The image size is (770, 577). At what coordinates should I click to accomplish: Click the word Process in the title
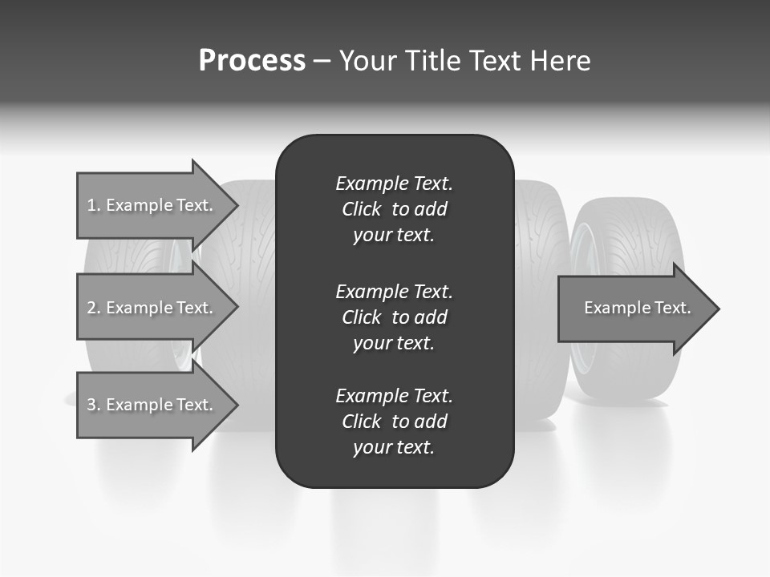(252, 61)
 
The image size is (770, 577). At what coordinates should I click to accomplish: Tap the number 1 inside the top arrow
(91, 205)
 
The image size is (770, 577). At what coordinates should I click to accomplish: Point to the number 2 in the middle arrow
(91, 308)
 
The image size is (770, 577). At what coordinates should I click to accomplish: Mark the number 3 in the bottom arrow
(91, 405)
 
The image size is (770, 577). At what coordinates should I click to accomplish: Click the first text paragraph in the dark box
(394, 209)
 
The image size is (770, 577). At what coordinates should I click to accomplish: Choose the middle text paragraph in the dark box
(394, 317)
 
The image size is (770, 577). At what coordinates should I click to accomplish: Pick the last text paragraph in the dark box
(394, 422)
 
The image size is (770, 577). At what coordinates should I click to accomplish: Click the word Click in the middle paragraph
(361, 317)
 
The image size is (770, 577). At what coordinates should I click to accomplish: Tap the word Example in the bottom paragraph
(371, 396)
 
